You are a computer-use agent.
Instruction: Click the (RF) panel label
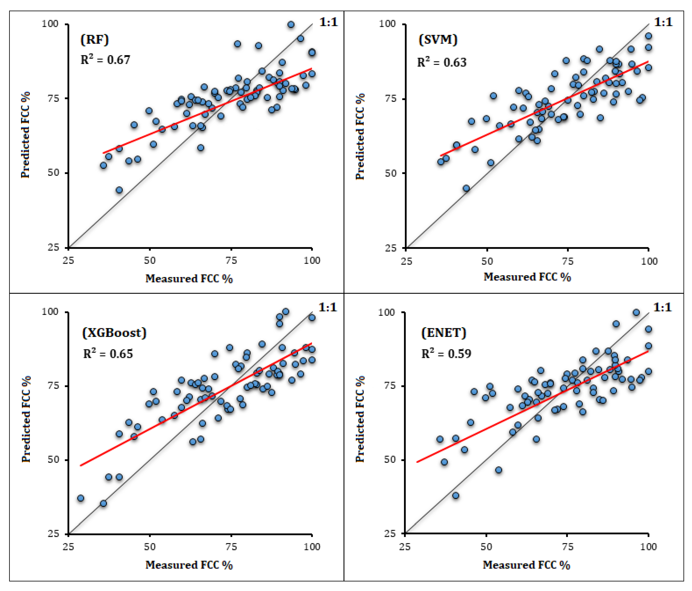pyautogui.click(x=95, y=40)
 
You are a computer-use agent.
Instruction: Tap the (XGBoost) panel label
pyautogui.click(x=114, y=333)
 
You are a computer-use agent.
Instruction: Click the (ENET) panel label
pyautogui.click(x=444, y=333)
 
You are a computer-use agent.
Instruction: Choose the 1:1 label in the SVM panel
pyautogui.click(x=663, y=22)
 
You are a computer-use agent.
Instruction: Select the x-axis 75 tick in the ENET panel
pyautogui.click(x=567, y=547)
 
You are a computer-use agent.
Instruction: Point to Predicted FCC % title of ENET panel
pyautogui.click(x=360, y=419)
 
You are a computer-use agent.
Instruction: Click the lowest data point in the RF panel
pyautogui.click(x=119, y=190)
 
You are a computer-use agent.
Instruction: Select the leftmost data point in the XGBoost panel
pyautogui.click(x=80, y=498)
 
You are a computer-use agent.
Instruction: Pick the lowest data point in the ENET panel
pyautogui.click(x=456, y=496)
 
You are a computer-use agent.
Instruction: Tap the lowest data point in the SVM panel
pyautogui.click(x=466, y=188)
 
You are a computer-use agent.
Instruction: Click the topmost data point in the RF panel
pyautogui.click(x=291, y=25)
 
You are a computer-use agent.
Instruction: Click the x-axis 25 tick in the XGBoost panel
pyautogui.click(x=68, y=547)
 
